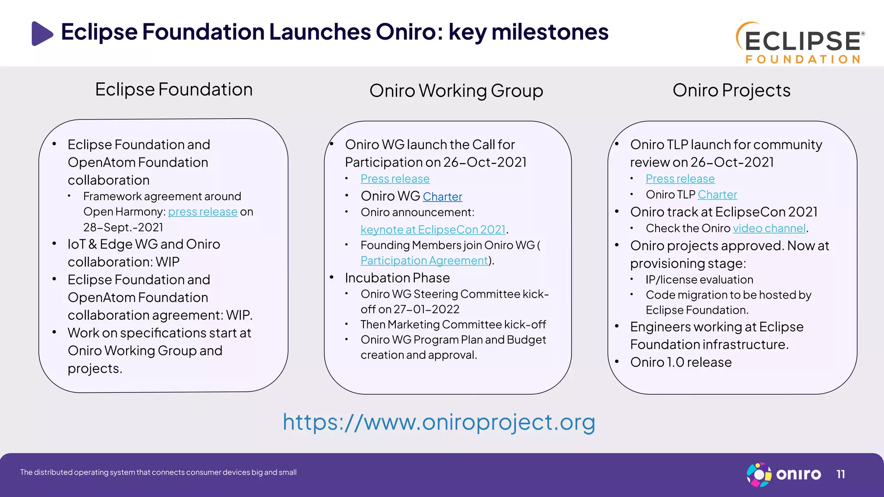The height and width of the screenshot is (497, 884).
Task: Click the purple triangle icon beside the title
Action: click(x=42, y=33)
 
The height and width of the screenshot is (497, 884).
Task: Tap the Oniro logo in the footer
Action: click(x=783, y=475)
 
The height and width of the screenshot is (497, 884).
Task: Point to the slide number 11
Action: click(x=840, y=475)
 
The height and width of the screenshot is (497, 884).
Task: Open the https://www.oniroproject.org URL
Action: click(x=439, y=422)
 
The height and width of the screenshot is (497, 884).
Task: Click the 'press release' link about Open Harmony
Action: click(x=202, y=212)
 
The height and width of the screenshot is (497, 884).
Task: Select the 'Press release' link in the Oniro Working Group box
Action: click(x=395, y=179)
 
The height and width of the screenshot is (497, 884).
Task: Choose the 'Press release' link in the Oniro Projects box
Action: click(x=680, y=179)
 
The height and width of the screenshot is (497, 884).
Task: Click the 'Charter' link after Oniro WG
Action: click(x=442, y=197)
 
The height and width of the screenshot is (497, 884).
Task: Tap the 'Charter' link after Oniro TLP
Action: click(x=717, y=195)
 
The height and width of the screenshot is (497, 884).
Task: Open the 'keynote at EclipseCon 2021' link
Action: click(x=433, y=230)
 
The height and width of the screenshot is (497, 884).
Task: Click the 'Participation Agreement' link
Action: click(x=424, y=261)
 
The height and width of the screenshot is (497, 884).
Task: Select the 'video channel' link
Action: click(x=769, y=228)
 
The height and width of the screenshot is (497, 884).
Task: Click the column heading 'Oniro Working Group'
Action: click(x=456, y=91)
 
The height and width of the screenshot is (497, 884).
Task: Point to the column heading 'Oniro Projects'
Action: click(x=731, y=90)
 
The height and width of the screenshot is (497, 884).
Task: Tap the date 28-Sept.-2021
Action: click(x=123, y=227)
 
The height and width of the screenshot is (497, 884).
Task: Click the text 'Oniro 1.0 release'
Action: click(x=681, y=362)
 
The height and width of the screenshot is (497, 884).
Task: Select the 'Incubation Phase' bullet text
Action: click(x=397, y=278)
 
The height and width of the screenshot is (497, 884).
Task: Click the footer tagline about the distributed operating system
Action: click(x=158, y=472)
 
